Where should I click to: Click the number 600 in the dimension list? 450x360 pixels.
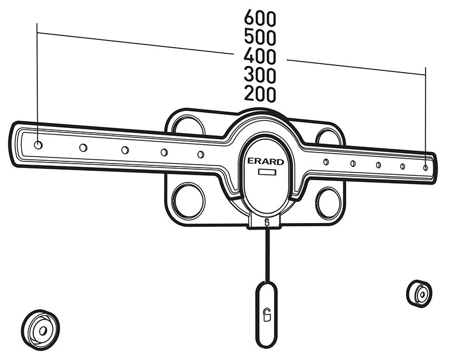click(260, 18)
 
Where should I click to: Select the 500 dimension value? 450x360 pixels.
click(260, 37)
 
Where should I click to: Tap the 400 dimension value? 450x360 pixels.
click(260, 56)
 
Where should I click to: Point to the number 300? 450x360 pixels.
click(260, 75)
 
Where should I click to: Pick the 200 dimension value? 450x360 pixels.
click(260, 94)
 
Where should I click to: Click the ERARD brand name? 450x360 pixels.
click(265, 162)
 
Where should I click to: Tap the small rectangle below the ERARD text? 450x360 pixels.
click(267, 173)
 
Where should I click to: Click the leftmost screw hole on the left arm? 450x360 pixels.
click(38, 145)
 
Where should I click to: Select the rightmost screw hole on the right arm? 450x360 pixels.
click(426, 168)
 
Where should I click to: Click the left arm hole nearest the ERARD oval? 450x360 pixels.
click(201, 154)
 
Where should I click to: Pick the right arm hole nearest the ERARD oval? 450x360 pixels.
click(326, 162)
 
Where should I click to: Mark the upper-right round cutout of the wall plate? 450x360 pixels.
click(328, 136)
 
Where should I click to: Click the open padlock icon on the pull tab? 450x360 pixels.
click(267, 315)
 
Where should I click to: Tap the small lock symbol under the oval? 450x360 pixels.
click(267, 222)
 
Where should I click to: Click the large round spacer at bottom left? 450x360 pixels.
click(41, 330)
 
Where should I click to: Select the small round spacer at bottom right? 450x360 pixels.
click(419, 293)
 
